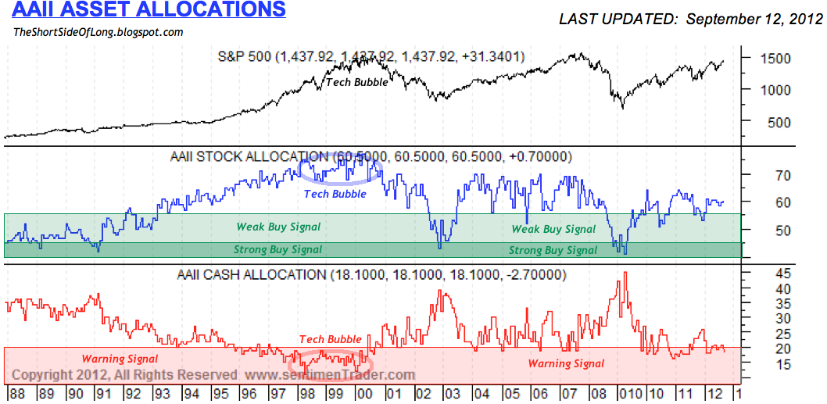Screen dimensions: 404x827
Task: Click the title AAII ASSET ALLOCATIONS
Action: (x=149, y=10)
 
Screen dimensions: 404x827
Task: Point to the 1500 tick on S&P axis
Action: (x=773, y=59)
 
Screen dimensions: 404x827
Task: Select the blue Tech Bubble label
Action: (x=335, y=194)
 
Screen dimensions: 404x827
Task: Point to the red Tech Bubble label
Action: (x=331, y=340)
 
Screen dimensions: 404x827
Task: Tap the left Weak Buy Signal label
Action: (x=279, y=227)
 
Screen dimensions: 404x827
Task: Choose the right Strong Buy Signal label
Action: (x=553, y=250)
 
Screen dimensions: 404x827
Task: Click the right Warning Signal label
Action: (x=565, y=363)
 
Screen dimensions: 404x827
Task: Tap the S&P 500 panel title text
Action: (x=371, y=56)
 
